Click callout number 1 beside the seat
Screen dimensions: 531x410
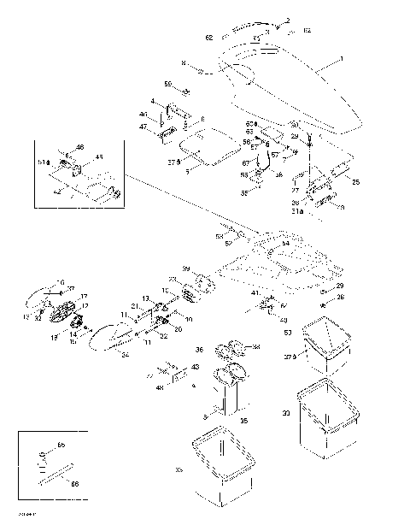[340, 60]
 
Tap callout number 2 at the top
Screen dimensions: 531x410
[288, 20]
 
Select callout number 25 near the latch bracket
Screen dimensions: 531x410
[356, 181]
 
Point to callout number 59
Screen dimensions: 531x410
[168, 83]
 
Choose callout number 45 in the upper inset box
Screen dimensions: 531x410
[99, 156]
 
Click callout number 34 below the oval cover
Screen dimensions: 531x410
[125, 353]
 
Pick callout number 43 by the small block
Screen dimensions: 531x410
[196, 367]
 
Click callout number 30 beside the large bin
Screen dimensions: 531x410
[286, 413]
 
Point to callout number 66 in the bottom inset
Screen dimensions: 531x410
[73, 484]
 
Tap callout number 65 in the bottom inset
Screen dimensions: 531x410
[61, 445]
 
